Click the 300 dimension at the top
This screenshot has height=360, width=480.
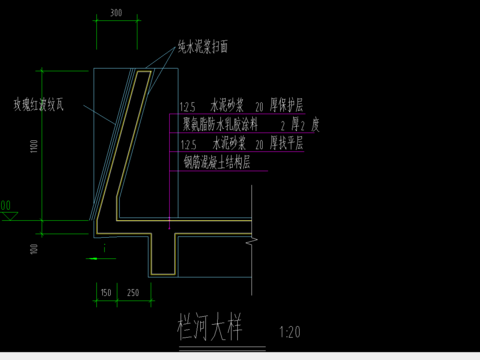click(116, 14)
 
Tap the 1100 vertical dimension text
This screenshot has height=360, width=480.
click(33, 147)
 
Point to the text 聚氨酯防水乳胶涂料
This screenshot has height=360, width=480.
click(220, 126)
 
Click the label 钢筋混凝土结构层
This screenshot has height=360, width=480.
click(215, 161)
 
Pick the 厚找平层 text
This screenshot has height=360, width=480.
click(286, 144)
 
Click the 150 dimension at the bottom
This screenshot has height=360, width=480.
click(105, 292)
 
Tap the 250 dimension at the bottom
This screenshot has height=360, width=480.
click(134, 292)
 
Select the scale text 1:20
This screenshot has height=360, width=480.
click(291, 330)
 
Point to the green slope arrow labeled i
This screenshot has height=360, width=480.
click(95, 259)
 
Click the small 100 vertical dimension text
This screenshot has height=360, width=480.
click(33, 247)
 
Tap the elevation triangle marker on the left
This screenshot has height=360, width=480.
click(6, 213)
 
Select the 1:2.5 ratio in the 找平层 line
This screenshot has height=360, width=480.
click(186, 145)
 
